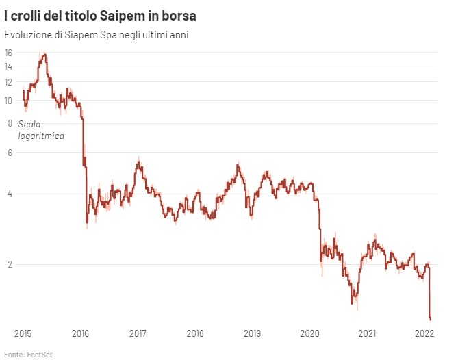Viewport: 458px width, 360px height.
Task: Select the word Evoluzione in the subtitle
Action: point(29,34)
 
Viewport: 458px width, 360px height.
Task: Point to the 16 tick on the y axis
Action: point(9,53)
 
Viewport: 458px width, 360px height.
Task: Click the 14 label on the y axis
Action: point(9,66)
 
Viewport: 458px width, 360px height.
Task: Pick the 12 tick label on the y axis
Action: point(9,82)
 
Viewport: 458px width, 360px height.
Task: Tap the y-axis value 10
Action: point(9,101)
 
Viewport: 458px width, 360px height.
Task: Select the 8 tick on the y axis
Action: point(9,123)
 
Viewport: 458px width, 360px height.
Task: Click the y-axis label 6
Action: point(9,153)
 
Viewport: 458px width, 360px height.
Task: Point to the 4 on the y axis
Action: point(9,194)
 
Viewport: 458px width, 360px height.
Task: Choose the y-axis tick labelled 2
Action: point(9,264)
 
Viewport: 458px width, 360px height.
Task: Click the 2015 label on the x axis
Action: point(23,333)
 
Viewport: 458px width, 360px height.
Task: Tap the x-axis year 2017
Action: point(138,333)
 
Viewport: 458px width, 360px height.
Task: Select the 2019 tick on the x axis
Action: point(253,333)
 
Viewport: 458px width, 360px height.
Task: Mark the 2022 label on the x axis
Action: point(425,333)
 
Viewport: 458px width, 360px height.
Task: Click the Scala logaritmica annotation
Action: point(41,130)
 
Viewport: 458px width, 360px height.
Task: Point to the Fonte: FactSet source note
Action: point(29,354)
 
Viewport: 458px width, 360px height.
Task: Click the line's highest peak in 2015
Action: point(44,54)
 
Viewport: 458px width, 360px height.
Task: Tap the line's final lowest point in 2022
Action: point(430,319)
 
